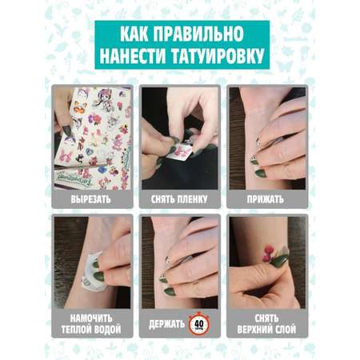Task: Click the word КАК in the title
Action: click(x=134, y=34)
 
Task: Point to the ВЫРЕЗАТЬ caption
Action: click(x=90, y=199)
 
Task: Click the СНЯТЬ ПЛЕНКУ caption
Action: click(x=179, y=199)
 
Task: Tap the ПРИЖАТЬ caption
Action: click(x=266, y=199)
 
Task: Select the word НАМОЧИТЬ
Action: click(x=91, y=318)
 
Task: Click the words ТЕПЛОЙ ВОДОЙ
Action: click(x=91, y=330)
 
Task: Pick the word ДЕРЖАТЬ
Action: click(x=166, y=324)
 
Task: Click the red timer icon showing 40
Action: click(x=199, y=324)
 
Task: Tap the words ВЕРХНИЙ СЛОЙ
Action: click(x=266, y=330)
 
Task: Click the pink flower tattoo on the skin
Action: click(x=268, y=254)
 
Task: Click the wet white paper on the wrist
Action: click(x=91, y=272)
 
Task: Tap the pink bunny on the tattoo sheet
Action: click(x=66, y=156)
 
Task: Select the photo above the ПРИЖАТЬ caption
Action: click(x=267, y=138)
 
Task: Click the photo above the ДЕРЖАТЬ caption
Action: click(x=180, y=263)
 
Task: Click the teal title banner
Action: click(x=182, y=45)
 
